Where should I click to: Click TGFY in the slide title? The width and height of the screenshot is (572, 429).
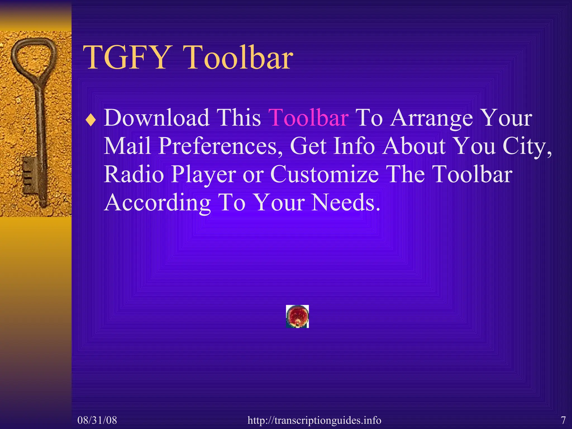tap(126, 58)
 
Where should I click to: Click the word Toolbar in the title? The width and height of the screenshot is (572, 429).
tap(239, 58)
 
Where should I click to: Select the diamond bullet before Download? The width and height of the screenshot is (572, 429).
tap(91, 121)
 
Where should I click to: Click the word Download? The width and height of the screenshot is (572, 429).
tap(157, 118)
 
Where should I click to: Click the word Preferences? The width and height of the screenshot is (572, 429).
tap(221, 146)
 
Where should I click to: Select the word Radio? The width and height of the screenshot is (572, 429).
tap(134, 174)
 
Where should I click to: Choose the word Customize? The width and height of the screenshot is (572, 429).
tap(324, 174)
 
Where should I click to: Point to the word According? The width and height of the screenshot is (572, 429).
tap(158, 203)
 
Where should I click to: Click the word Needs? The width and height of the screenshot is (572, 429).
tap(345, 202)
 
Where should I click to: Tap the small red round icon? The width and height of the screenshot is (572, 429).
tap(297, 316)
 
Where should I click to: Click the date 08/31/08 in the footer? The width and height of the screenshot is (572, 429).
tap(97, 420)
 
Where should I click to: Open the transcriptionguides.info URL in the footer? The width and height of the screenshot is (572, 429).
tap(314, 420)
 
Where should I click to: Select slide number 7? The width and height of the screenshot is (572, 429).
tap(563, 420)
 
